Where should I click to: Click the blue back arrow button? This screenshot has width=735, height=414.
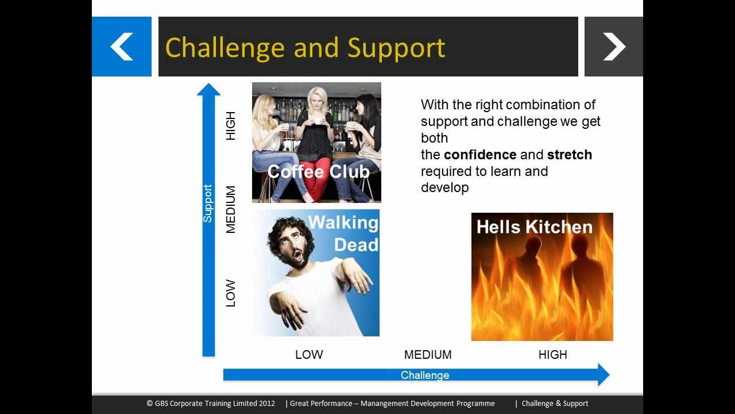122,47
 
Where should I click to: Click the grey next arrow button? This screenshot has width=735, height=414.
613,47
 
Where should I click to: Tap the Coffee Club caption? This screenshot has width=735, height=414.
318,171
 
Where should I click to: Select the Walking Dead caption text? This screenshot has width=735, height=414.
344,233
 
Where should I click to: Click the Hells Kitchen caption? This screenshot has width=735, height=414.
534,227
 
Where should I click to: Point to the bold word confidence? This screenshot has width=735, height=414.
479,155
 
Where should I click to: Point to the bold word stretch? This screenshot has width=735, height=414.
569,155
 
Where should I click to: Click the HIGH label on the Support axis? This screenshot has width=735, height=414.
231,126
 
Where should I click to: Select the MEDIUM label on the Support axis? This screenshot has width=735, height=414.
231,209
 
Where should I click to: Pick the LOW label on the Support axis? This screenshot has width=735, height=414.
231,293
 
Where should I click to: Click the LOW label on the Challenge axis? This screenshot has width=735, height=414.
309,355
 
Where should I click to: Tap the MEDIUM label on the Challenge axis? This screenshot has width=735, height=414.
428,355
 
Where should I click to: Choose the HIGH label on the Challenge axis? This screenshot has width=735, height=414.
552,355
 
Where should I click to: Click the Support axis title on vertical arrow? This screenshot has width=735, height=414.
208,204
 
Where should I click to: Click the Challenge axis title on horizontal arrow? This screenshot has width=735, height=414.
425,375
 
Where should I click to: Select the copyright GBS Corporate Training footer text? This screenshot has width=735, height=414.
211,404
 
